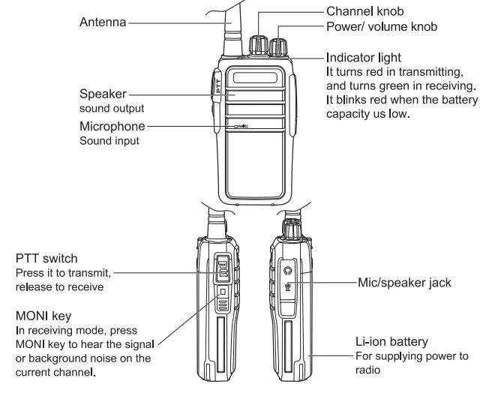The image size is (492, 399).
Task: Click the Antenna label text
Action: (x=103, y=22)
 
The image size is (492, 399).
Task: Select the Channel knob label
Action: (x=364, y=12)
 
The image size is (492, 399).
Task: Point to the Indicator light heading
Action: (x=364, y=57)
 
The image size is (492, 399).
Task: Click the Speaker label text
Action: (x=102, y=95)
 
